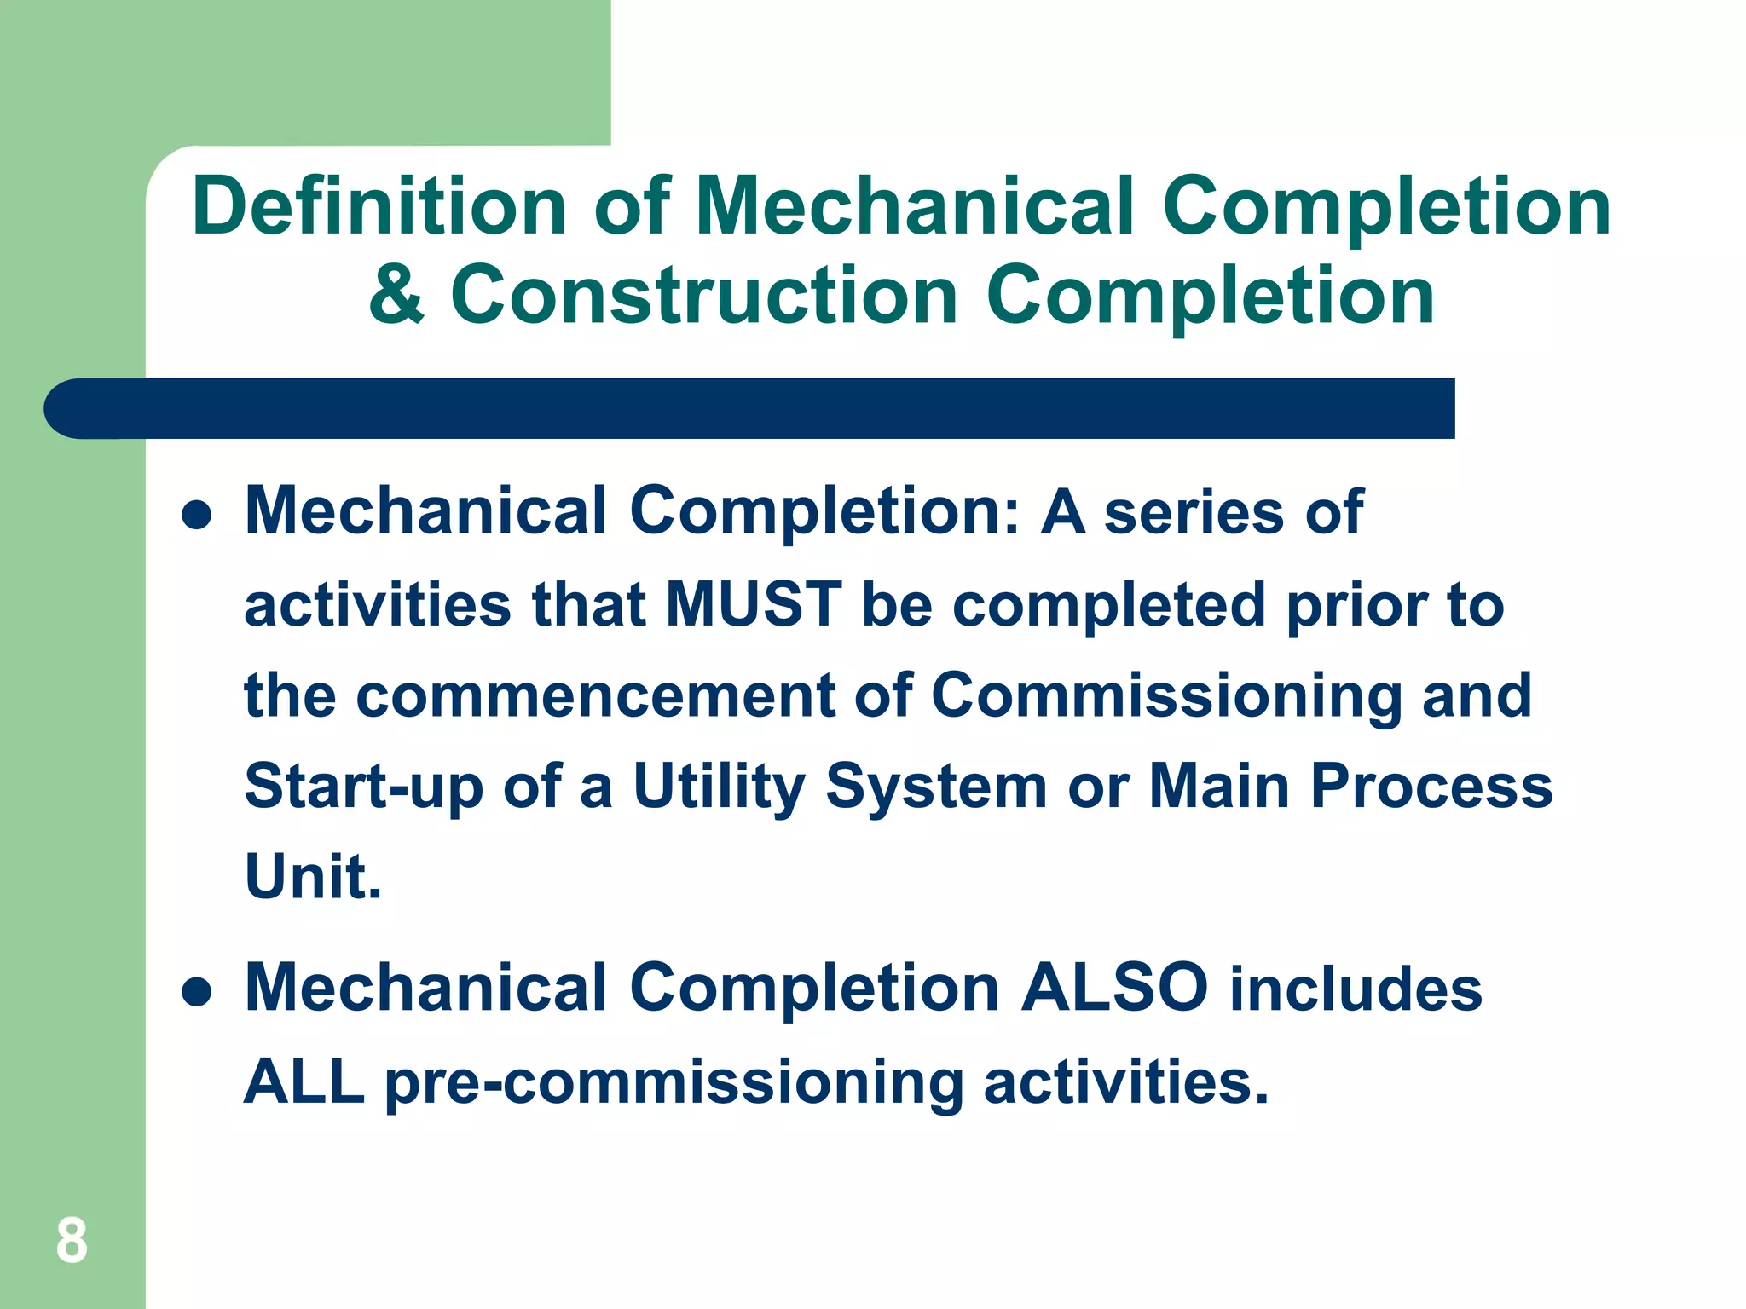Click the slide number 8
point(72,1241)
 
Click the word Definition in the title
point(379,206)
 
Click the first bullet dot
point(197,515)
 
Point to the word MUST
point(754,604)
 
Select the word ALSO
point(1115,988)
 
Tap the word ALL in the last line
point(304,1081)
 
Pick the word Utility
point(719,786)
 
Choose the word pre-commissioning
point(674,1083)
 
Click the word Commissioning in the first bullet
point(1165,695)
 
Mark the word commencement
point(595,695)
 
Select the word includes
point(1356,989)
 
